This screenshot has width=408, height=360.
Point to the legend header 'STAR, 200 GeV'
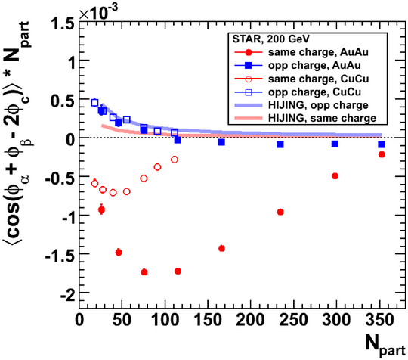(271, 39)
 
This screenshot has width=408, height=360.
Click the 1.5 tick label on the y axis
(63, 24)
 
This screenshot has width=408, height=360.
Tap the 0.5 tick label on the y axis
(63, 101)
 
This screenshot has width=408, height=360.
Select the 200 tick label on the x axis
(250, 320)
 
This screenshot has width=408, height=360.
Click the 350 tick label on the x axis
(379, 320)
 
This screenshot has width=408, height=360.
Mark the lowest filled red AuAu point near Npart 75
(144, 272)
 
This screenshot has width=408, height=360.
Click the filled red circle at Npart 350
(382, 154)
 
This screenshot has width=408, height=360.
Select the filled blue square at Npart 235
(280, 144)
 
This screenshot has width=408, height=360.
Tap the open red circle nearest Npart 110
(175, 160)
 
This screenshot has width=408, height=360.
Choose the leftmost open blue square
(94, 103)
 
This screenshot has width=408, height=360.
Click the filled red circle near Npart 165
(221, 248)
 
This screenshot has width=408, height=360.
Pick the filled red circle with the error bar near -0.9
(101, 209)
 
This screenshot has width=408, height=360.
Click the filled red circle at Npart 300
(335, 176)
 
